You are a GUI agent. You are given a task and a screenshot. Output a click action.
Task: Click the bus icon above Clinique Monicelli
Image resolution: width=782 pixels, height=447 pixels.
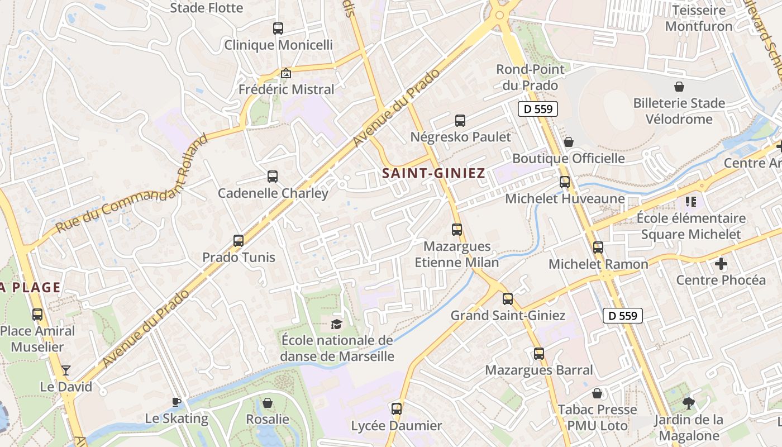pyautogui.click(x=278, y=28)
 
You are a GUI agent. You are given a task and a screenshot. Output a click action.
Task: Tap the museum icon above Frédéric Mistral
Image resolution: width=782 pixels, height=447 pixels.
pyautogui.click(x=285, y=73)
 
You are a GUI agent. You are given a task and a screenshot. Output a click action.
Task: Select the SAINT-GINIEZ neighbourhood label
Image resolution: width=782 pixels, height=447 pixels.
pyautogui.click(x=433, y=174)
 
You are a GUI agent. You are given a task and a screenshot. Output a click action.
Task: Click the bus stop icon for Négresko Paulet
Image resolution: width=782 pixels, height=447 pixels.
pyautogui.click(x=460, y=120)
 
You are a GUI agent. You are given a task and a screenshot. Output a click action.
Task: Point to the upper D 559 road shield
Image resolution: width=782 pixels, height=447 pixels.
pyautogui.click(x=538, y=109)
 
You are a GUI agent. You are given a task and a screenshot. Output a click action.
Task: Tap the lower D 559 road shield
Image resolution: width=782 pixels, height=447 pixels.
pyautogui.click(x=623, y=316)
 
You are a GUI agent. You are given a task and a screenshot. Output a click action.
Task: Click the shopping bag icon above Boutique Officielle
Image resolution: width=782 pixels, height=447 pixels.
pyautogui.click(x=569, y=142)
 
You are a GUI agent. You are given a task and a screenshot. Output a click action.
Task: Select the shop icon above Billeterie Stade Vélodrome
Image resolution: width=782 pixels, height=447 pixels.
pyautogui.click(x=679, y=87)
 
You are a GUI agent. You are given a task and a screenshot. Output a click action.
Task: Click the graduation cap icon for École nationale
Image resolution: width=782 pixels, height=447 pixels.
pyautogui.click(x=336, y=324)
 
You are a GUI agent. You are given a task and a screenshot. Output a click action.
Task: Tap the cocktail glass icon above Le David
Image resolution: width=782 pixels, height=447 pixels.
pyautogui.click(x=66, y=370)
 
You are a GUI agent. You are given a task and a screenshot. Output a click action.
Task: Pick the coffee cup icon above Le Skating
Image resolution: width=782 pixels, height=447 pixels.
pyautogui.click(x=177, y=402)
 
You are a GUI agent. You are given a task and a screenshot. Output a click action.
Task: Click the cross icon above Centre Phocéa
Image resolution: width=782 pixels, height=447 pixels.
pyautogui.click(x=721, y=263)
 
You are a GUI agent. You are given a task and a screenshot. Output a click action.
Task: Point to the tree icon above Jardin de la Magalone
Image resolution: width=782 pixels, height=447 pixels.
pyautogui.click(x=688, y=403)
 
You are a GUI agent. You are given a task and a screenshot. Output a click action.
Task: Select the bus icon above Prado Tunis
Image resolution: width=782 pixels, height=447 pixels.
pyautogui.click(x=239, y=241)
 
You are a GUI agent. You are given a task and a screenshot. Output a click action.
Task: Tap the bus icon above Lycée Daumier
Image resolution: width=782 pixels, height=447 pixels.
pyautogui.click(x=397, y=409)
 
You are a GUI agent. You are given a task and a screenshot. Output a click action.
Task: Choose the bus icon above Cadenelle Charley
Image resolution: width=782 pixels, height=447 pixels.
pyautogui.click(x=273, y=177)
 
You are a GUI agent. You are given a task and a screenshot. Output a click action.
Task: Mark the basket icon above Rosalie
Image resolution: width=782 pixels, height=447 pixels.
pyautogui.click(x=268, y=403)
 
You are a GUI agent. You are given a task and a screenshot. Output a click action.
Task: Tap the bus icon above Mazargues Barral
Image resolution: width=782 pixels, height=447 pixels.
pyautogui.click(x=538, y=354)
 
